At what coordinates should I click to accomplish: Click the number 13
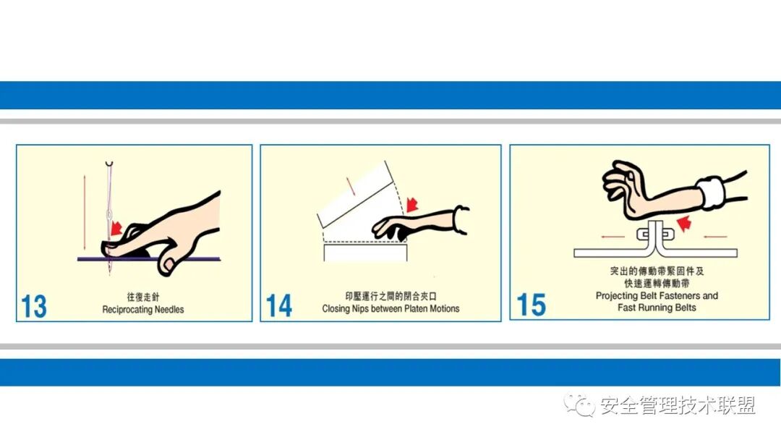[34, 305]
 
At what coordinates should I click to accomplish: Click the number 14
[279, 305]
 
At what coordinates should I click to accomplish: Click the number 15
[531, 305]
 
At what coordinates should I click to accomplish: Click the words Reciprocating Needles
[143, 310]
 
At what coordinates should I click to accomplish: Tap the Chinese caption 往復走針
[143, 297]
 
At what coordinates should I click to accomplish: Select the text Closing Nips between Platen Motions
[390, 309]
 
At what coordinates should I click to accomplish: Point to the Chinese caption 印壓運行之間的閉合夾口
[391, 297]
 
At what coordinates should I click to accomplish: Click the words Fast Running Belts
[657, 308]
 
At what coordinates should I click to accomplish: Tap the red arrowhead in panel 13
[115, 229]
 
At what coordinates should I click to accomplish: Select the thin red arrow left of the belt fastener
[612, 235]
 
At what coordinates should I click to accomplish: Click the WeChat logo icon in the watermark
[580, 405]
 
